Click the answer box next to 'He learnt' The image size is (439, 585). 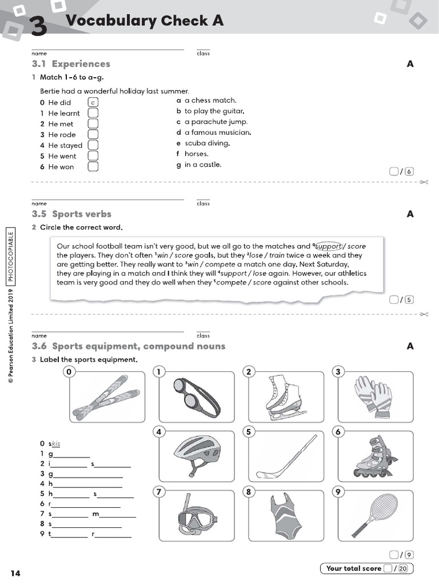coord(93,113)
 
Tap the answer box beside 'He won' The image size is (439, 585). coord(93,167)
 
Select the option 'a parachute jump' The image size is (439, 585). coord(215,122)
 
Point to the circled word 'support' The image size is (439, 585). coord(329,246)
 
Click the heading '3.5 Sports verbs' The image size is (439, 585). coord(72,214)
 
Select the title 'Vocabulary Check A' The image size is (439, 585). coord(145,21)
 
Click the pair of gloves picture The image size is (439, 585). coord(373,395)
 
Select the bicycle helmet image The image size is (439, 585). coord(196,454)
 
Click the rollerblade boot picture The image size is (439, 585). coord(374,455)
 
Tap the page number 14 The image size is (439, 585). coord(15,573)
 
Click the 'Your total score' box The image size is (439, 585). coord(366,568)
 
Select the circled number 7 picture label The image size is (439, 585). coord(159,492)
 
